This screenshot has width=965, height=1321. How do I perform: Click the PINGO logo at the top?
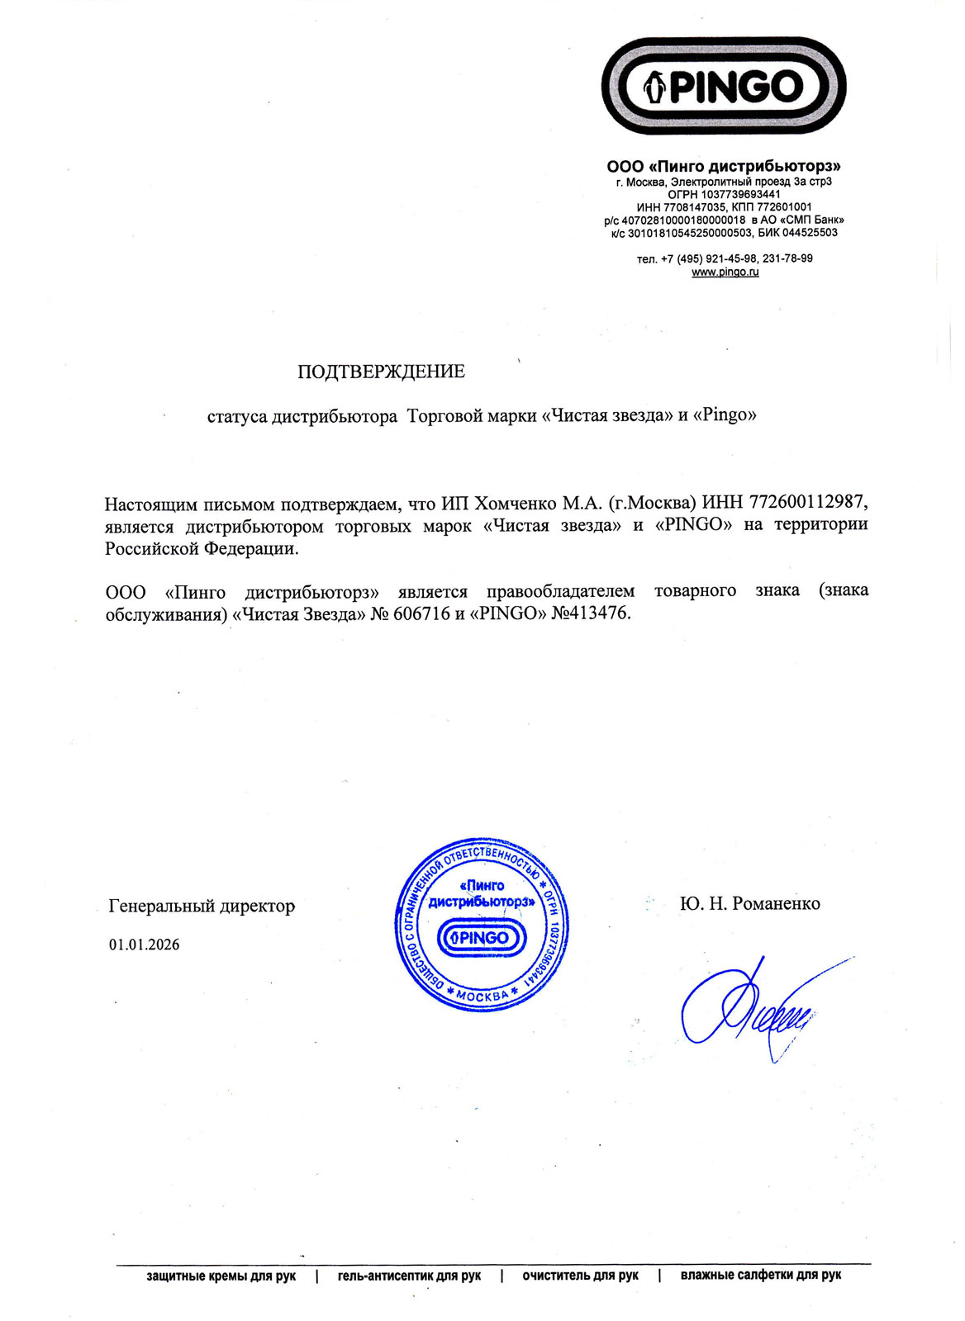pyautogui.click(x=724, y=86)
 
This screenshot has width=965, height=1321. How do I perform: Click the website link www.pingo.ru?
pyautogui.click(x=725, y=272)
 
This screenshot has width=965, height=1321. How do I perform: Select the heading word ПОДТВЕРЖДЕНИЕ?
pyautogui.click(x=381, y=372)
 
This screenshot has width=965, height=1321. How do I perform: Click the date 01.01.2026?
pyautogui.click(x=144, y=945)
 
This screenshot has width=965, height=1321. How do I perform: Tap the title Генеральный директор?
pyautogui.click(x=202, y=906)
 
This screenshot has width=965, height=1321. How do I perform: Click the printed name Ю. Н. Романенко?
pyautogui.click(x=749, y=903)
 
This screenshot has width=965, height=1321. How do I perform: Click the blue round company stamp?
pyautogui.click(x=482, y=925)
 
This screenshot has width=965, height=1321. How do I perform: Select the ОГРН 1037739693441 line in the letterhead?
pyautogui.click(x=724, y=194)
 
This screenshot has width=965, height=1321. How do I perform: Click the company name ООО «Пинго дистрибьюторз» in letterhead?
pyautogui.click(x=724, y=167)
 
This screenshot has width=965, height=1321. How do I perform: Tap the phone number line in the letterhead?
pyautogui.click(x=725, y=258)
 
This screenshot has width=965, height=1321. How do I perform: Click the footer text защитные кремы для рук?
pyautogui.click(x=221, y=1276)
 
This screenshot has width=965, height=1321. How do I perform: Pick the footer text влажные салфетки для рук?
pyautogui.click(x=760, y=1275)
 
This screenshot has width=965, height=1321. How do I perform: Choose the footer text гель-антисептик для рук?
pyautogui.click(x=409, y=1276)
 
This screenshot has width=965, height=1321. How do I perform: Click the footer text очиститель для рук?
pyautogui.click(x=580, y=1276)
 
